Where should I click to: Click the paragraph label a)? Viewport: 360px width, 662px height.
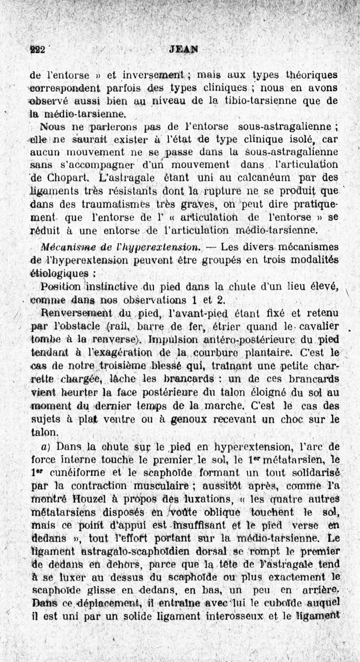pyautogui.click(x=48, y=446)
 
